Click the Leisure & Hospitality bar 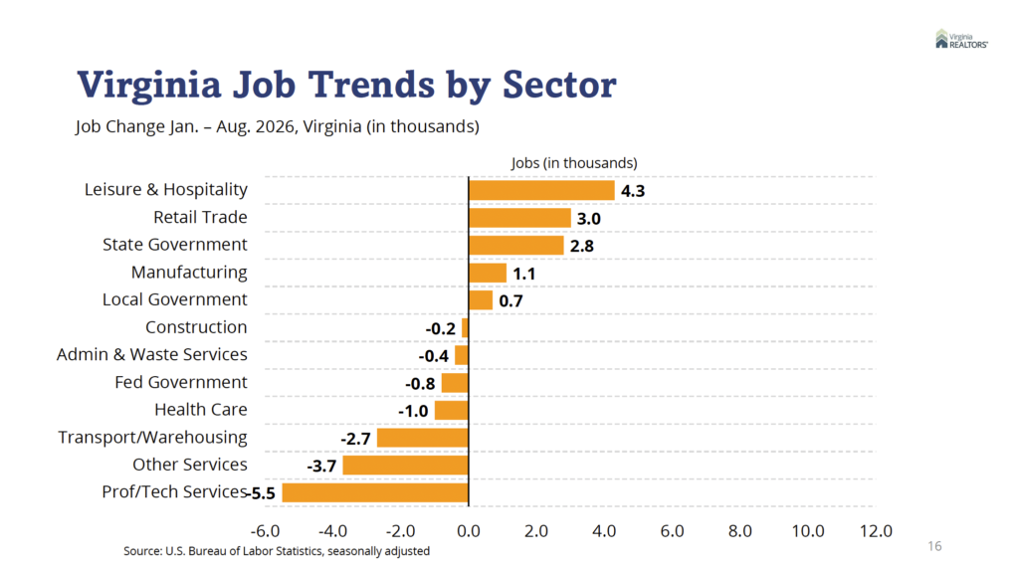tap(541, 190)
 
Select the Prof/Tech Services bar tap(375, 493)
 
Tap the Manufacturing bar tap(488, 273)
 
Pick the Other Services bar tap(406, 466)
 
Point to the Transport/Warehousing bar tap(422, 438)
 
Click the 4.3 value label tap(632, 191)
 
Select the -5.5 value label tap(262, 493)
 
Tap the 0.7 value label tap(510, 301)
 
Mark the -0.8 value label tap(420, 384)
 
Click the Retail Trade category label tap(200, 217)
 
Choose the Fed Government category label tap(181, 382)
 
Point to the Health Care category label tap(201, 409)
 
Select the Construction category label tap(196, 326)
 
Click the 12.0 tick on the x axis tap(876, 531)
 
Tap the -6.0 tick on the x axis tap(265, 531)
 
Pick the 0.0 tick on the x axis tap(469, 531)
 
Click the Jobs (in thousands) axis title tap(574, 163)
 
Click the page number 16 tap(934, 546)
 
